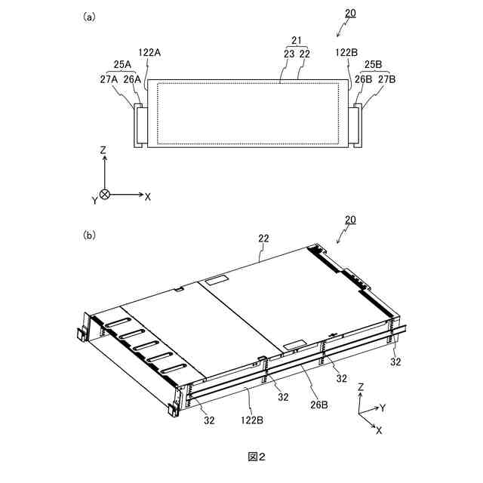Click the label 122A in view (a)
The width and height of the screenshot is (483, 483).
150,53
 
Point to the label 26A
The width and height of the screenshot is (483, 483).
133,77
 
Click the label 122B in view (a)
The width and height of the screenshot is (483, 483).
346,53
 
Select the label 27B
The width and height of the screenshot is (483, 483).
387,77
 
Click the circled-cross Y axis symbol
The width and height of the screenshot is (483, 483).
106,195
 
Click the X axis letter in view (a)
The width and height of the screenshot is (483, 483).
148,196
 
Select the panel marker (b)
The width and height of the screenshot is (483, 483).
89,235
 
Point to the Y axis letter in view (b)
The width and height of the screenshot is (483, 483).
383,408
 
